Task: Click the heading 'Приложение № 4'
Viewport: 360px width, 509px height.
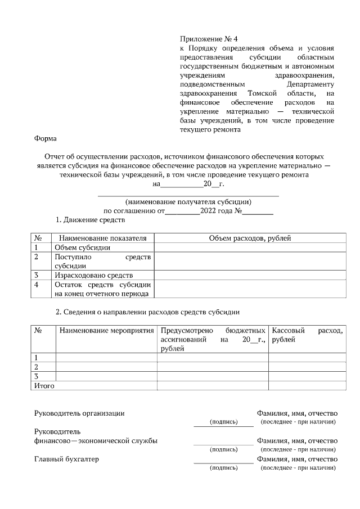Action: (x=209, y=39)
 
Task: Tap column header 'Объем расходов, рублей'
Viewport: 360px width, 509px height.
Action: (x=250, y=238)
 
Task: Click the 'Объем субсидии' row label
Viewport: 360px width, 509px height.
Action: (x=78, y=247)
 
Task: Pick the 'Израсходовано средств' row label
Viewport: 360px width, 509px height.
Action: (x=93, y=275)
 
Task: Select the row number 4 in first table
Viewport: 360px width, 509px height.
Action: (x=37, y=285)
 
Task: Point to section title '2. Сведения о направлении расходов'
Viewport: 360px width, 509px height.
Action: (x=148, y=312)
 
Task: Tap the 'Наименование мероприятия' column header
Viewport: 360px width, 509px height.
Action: (x=106, y=331)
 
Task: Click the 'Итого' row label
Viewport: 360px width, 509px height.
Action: (x=44, y=386)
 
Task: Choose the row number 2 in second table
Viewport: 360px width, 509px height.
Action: (x=37, y=367)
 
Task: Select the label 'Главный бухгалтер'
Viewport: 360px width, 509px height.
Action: (x=66, y=459)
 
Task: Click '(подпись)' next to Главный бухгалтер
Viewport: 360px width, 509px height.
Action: (x=223, y=467)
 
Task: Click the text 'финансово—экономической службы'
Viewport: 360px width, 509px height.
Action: (x=96, y=440)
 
